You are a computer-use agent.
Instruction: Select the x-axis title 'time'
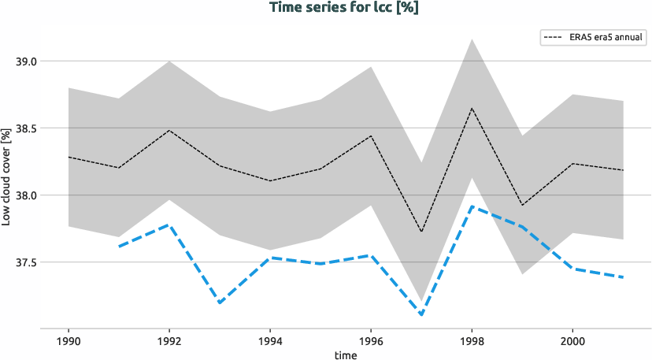tap(345, 354)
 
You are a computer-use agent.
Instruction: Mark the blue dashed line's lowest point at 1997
tap(421, 315)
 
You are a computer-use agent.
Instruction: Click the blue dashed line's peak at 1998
tap(472, 206)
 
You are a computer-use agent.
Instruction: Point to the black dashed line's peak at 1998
tap(472, 108)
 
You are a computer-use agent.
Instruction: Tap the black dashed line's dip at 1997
tap(421, 232)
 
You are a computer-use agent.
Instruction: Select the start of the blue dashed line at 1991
tap(119, 247)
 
